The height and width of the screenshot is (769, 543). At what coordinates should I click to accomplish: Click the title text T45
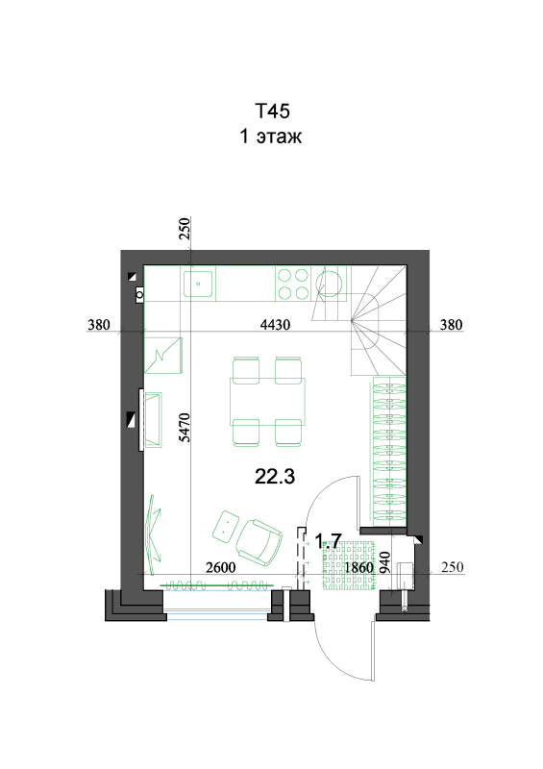click(272, 112)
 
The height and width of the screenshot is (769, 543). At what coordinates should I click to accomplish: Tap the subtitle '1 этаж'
click(270, 136)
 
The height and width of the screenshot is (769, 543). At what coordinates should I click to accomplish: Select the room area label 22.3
click(275, 476)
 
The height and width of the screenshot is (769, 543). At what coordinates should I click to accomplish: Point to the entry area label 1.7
click(328, 541)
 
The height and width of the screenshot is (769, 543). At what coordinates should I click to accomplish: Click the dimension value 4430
click(275, 325)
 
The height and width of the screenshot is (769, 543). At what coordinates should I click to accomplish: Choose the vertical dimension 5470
click(185, 427)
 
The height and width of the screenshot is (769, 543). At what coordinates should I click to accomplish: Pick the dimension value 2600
click(221, 567)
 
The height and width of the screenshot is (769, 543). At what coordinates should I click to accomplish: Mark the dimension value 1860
click(359, 567)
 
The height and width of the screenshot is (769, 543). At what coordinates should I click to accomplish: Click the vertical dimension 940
click(385, 562)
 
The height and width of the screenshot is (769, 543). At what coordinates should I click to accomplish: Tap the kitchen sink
click(199, 283)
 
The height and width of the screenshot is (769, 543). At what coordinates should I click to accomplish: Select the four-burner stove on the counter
click(293, 284)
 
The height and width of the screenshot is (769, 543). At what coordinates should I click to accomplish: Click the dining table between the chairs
click(267, 401)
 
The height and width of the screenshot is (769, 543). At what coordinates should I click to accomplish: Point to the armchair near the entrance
click(259, 542)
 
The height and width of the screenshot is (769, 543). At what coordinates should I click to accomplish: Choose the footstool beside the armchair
click(225, 526)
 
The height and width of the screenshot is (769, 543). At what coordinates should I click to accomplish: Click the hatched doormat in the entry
click(349, 565)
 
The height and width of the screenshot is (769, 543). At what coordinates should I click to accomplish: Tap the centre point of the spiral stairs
click(352, 321)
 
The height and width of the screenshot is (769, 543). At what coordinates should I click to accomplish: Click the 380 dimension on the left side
click(99, 325)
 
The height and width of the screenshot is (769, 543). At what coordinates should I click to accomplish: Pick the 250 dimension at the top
click(185, 229)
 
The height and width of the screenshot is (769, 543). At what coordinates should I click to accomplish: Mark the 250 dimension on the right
click(453, 567)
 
